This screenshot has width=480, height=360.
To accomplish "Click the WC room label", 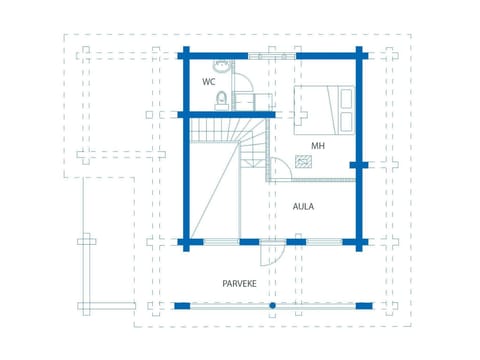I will click(209, 82).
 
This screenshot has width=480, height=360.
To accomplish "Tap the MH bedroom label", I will click(317, 146).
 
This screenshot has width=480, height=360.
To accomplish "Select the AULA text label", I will click(303, 207).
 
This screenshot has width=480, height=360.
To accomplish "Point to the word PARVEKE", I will click(240, 284).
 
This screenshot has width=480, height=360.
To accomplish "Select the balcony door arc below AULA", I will click(271, 257).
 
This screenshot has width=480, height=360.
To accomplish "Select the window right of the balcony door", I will click(323, 241).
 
